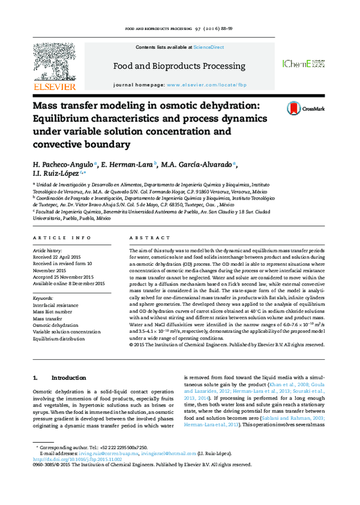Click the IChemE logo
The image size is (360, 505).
(303, 64)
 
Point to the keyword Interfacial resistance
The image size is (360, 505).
(55, 305)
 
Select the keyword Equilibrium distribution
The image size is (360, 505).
(58, 338)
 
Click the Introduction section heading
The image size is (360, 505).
(69, 378)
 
